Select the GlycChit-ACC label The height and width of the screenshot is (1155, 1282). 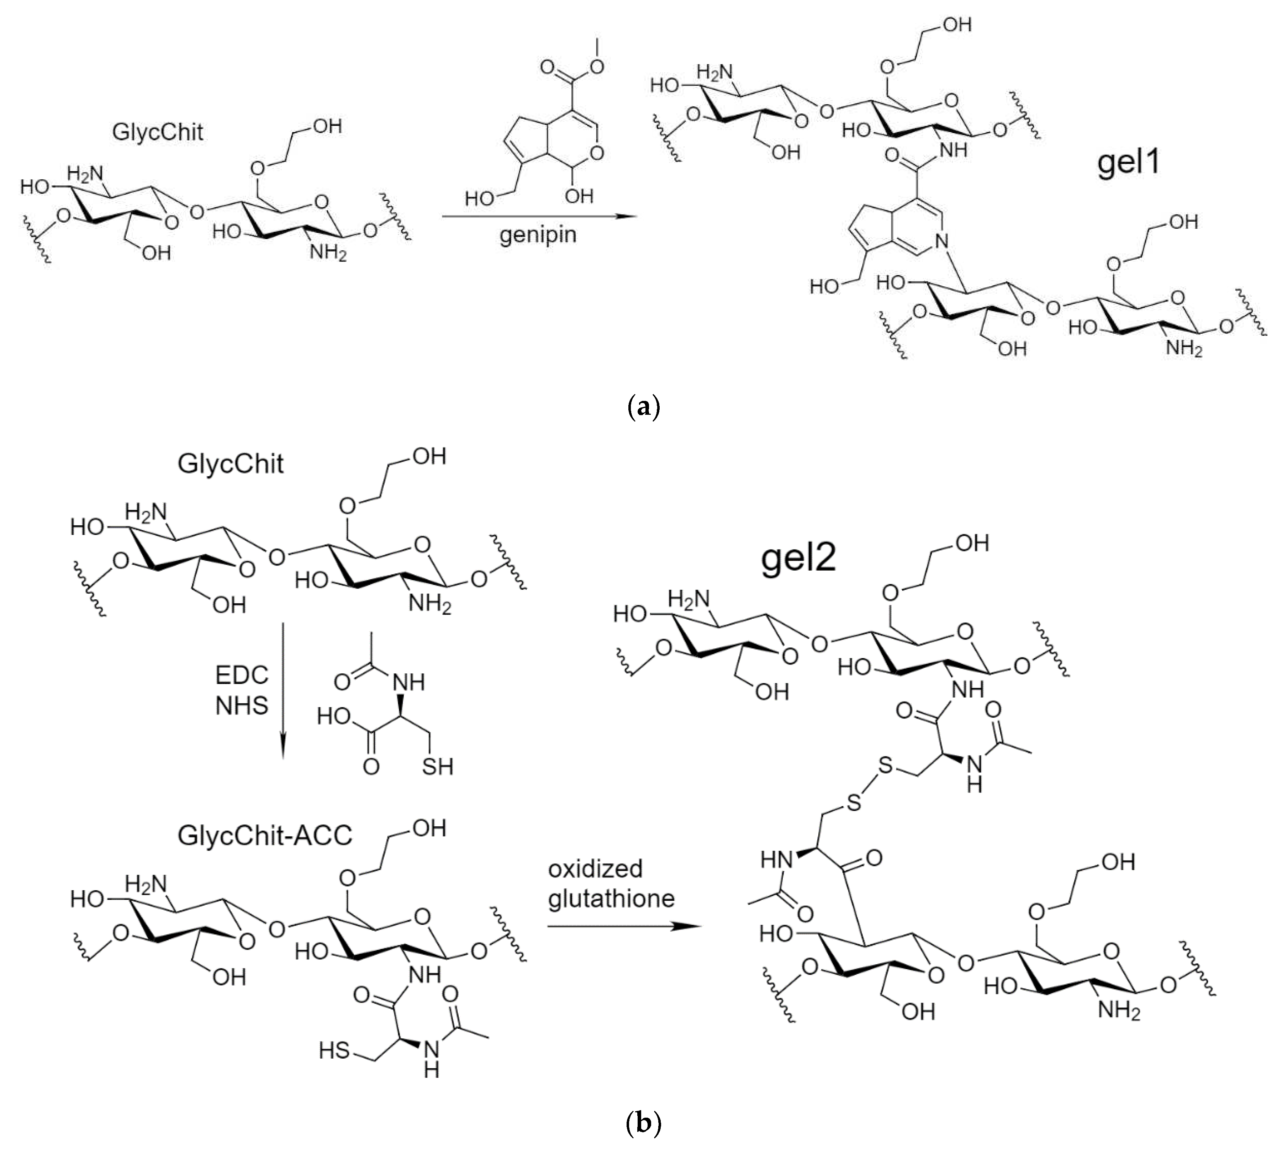point(265,835)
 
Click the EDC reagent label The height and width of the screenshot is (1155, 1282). point(242,675)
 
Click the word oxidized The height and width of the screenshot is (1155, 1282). point(595,869)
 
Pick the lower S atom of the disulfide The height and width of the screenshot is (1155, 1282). point(854,804)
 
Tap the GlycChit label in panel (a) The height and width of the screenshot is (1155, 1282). point(158,132)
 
